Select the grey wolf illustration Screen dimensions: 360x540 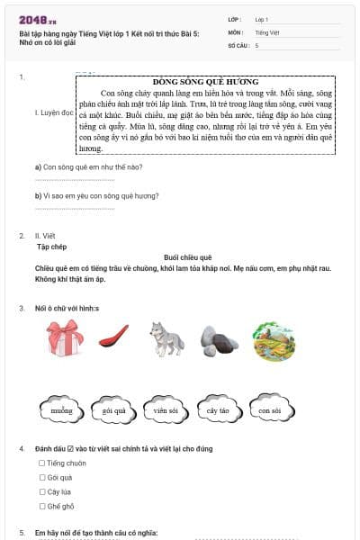pyautogui.click(x=167, y=340)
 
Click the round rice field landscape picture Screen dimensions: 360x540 pyautogui.click(x=274, y=341)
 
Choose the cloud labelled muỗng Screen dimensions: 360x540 pyautogui.click(x=61, y=409)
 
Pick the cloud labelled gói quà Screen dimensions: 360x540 pyautogui.click(x=113, y=409)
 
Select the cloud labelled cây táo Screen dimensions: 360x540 pyautogui.click(x=218, y=409)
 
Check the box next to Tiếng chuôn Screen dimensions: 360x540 pyautogui.click(x=41, y=463)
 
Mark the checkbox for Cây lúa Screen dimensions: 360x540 pyautogui.click(x=41, y=492)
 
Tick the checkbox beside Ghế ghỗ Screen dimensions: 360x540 pyautogui.click(x=41, y=507)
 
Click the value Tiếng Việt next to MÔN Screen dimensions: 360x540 pyautogui.click(x=267, y=31)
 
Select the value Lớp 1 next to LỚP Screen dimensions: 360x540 pyautogui.click(x=262, y=18)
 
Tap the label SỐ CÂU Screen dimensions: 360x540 pyautogui.click(x=237, y=44)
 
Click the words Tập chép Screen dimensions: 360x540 pyautogui.click(x=52, y=245)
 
